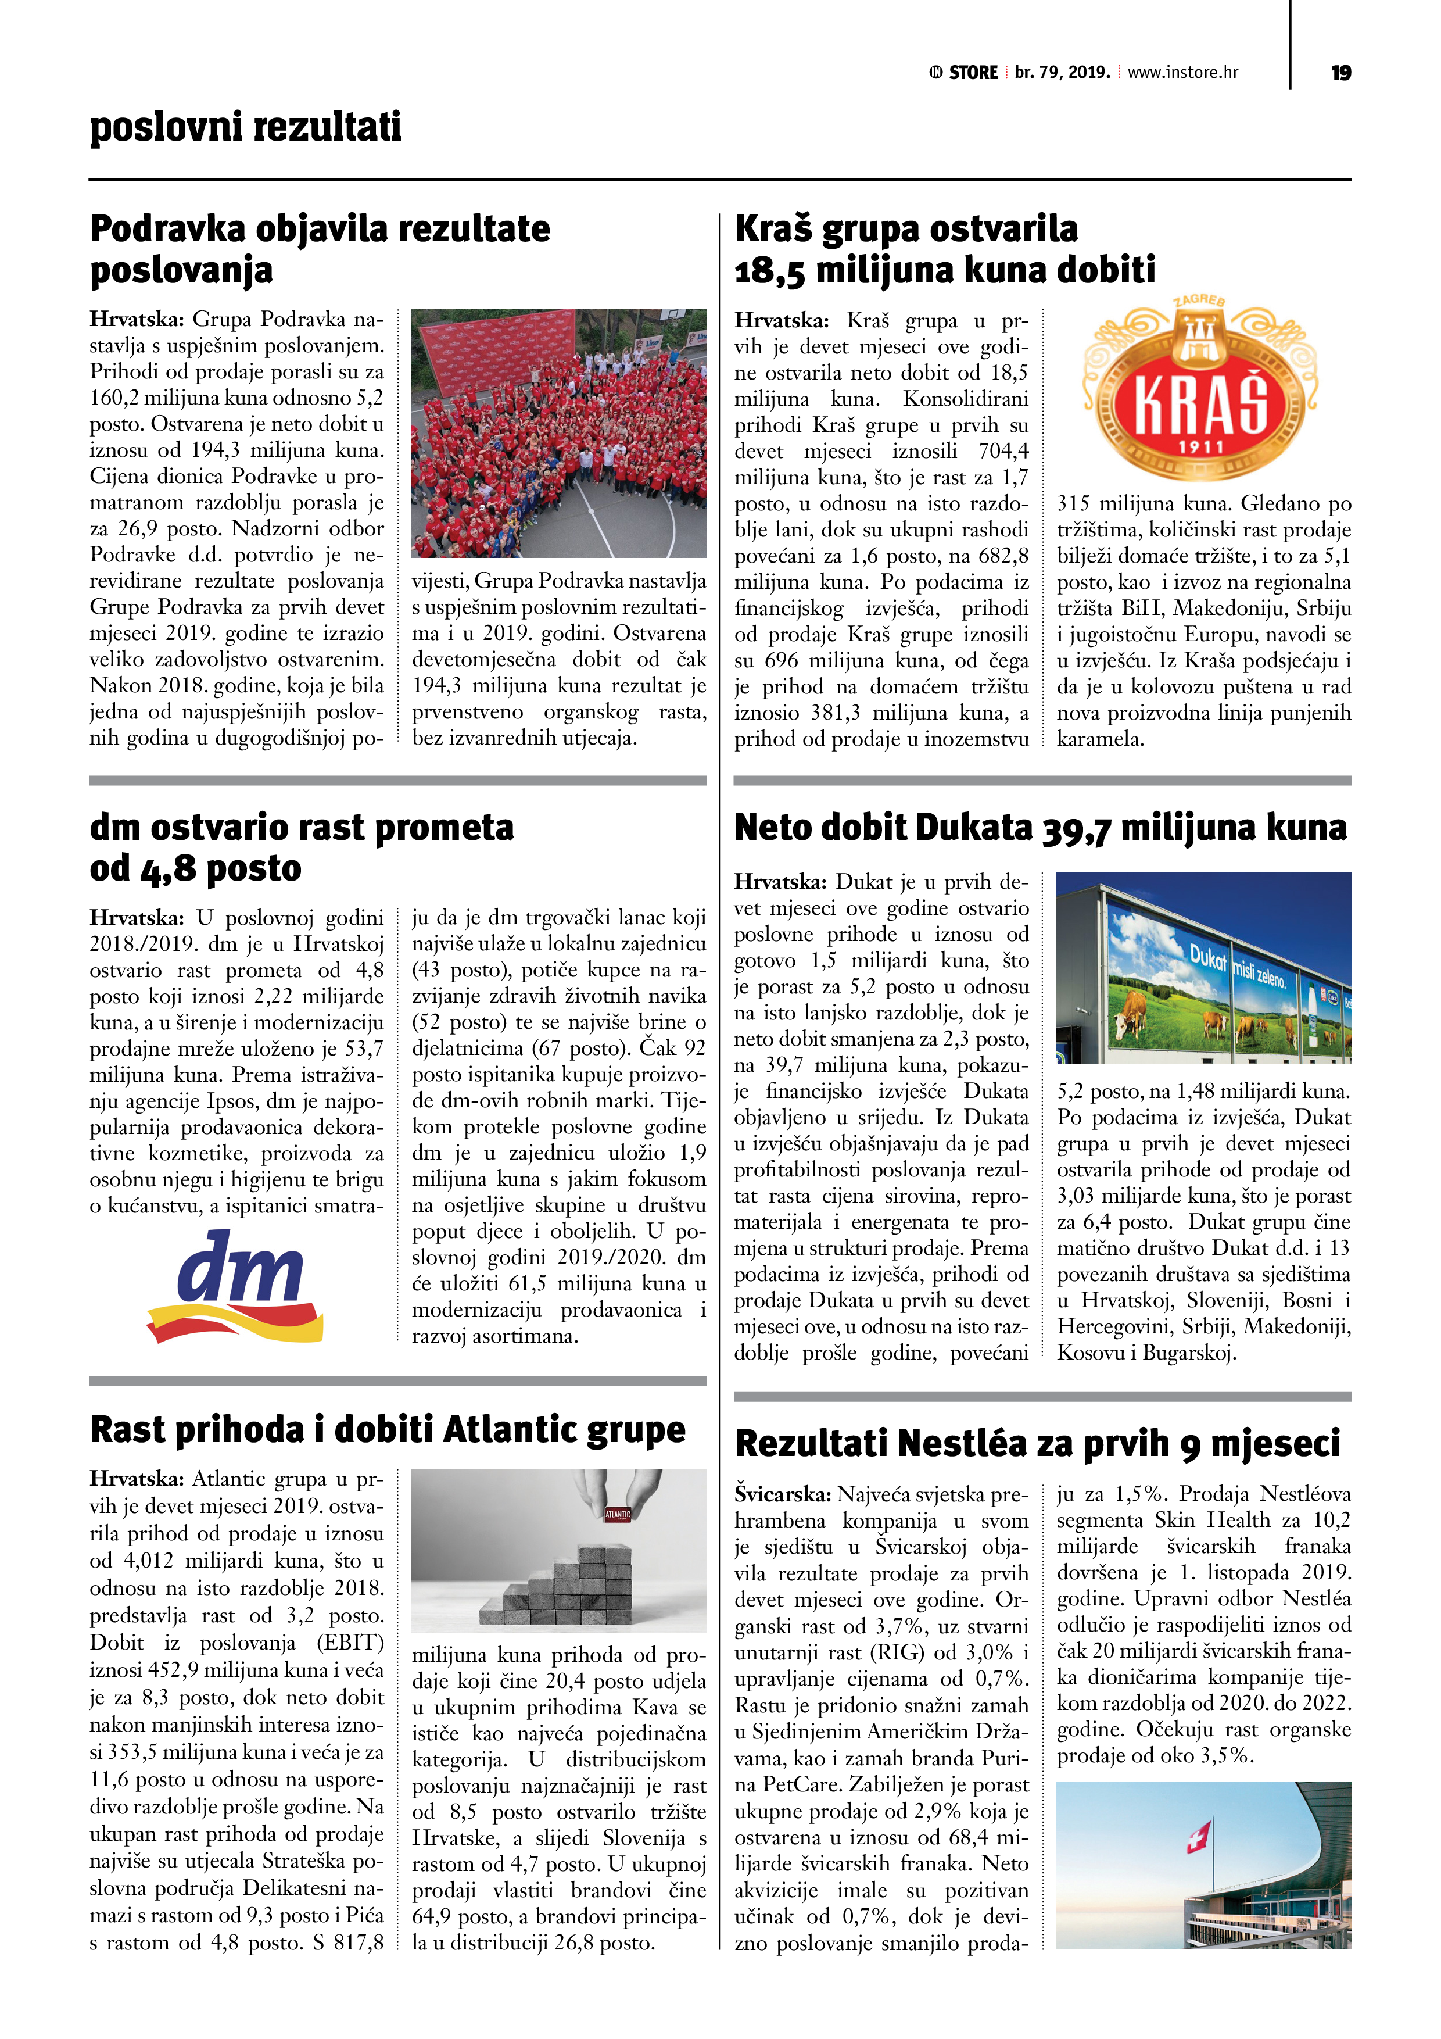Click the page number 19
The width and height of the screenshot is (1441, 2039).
click(x=1340, y=73)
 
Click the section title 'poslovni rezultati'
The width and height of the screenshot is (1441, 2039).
click(x=245, y=127)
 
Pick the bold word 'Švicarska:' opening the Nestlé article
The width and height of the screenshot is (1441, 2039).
click(x=782, y=1494)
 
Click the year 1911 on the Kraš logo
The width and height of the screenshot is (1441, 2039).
click(x=1201, y=448)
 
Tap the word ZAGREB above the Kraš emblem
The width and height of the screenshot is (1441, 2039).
click(x=1199, y=301)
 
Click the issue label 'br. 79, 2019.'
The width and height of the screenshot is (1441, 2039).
click(x=1062, y=73)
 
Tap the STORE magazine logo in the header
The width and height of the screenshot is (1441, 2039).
click(x=964, y=73)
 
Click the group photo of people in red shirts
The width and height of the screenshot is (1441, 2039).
click(x=558, y=434)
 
